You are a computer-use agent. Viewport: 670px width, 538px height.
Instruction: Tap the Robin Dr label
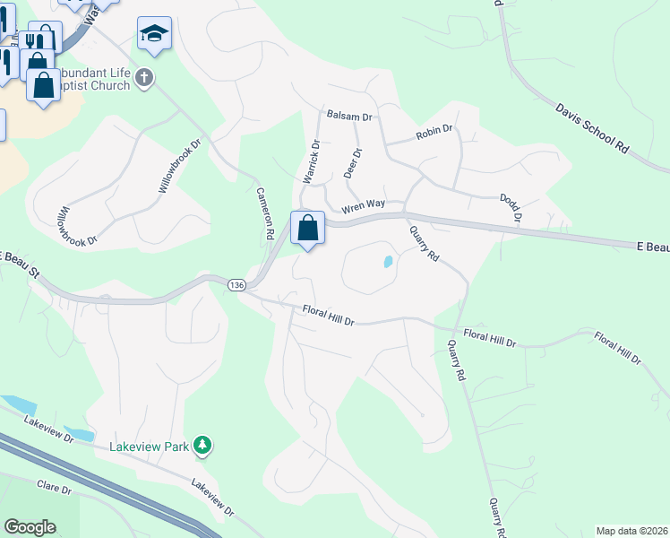click(x=434, y=134)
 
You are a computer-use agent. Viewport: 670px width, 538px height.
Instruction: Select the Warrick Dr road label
click(x=311, y=161)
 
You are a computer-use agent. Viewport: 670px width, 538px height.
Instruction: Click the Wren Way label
click(x=363, y=205)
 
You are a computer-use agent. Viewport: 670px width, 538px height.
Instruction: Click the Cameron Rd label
click(x=264, y=212)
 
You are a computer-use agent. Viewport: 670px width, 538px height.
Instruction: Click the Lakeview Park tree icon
click(x=204, y=445)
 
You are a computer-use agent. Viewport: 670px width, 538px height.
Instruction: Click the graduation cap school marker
click(x=154, y=34)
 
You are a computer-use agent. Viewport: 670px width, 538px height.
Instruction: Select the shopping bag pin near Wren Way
click(x=307, y=228)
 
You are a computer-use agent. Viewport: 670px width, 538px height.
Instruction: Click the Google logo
click(x=30, y=527)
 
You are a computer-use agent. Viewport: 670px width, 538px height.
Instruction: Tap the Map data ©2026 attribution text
click(x=631, y=531)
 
